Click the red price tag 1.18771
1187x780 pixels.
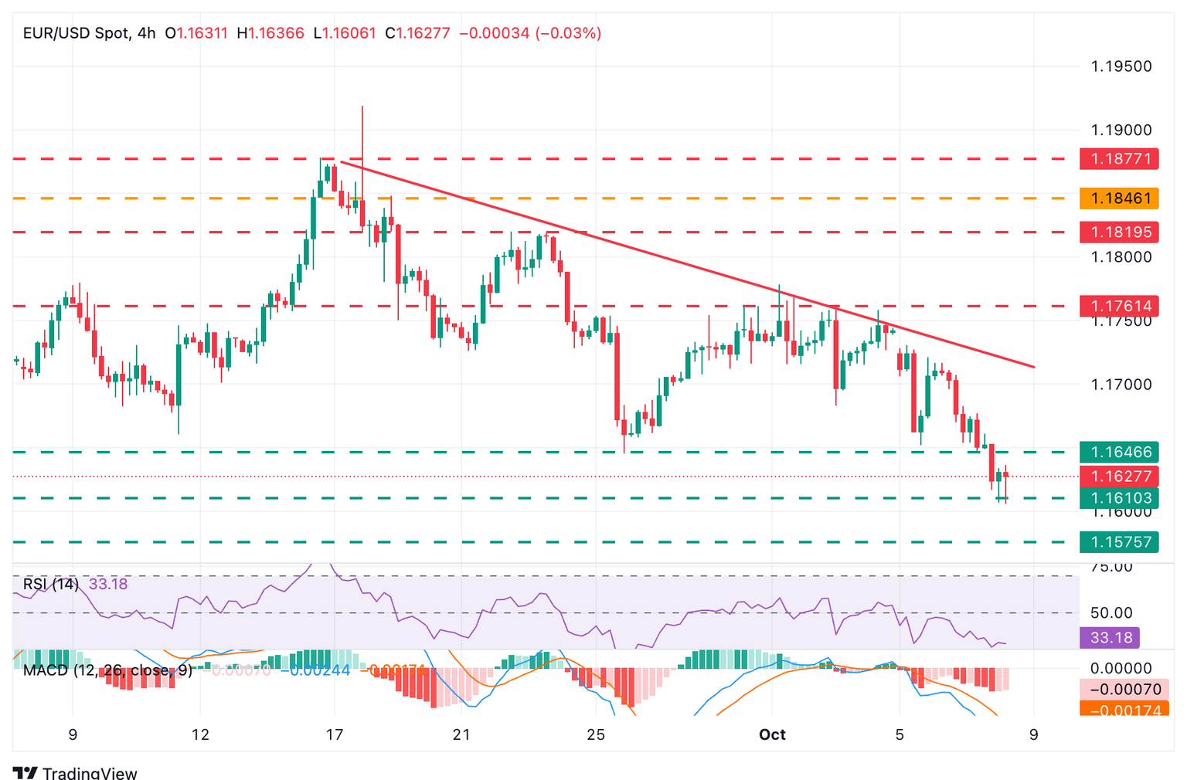tap(1120, 159)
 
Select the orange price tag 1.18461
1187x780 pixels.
tap(1120, 198)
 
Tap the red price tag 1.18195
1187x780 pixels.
tap(1120, 232)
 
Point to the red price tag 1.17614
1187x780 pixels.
tap(1120, 306)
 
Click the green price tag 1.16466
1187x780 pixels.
tap(1120, 452)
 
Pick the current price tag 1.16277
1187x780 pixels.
tap(1120, 476)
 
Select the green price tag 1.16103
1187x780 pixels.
tap(1120, 498)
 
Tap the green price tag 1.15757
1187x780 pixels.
tap(1120, 542)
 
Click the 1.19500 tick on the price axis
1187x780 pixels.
tap(1121, 66)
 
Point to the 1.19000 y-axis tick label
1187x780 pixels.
tap(1121, 131)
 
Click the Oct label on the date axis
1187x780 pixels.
tap(772, 734)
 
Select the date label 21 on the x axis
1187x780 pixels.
tap(461, 734)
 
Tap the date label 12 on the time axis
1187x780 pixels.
tap(200, 734)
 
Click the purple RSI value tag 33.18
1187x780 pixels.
tap(1110, 637)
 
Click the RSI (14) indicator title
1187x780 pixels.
tap(51, 584)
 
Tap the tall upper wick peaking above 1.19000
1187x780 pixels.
tap(362, 124)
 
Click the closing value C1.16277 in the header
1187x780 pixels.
tap(417, 33)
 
